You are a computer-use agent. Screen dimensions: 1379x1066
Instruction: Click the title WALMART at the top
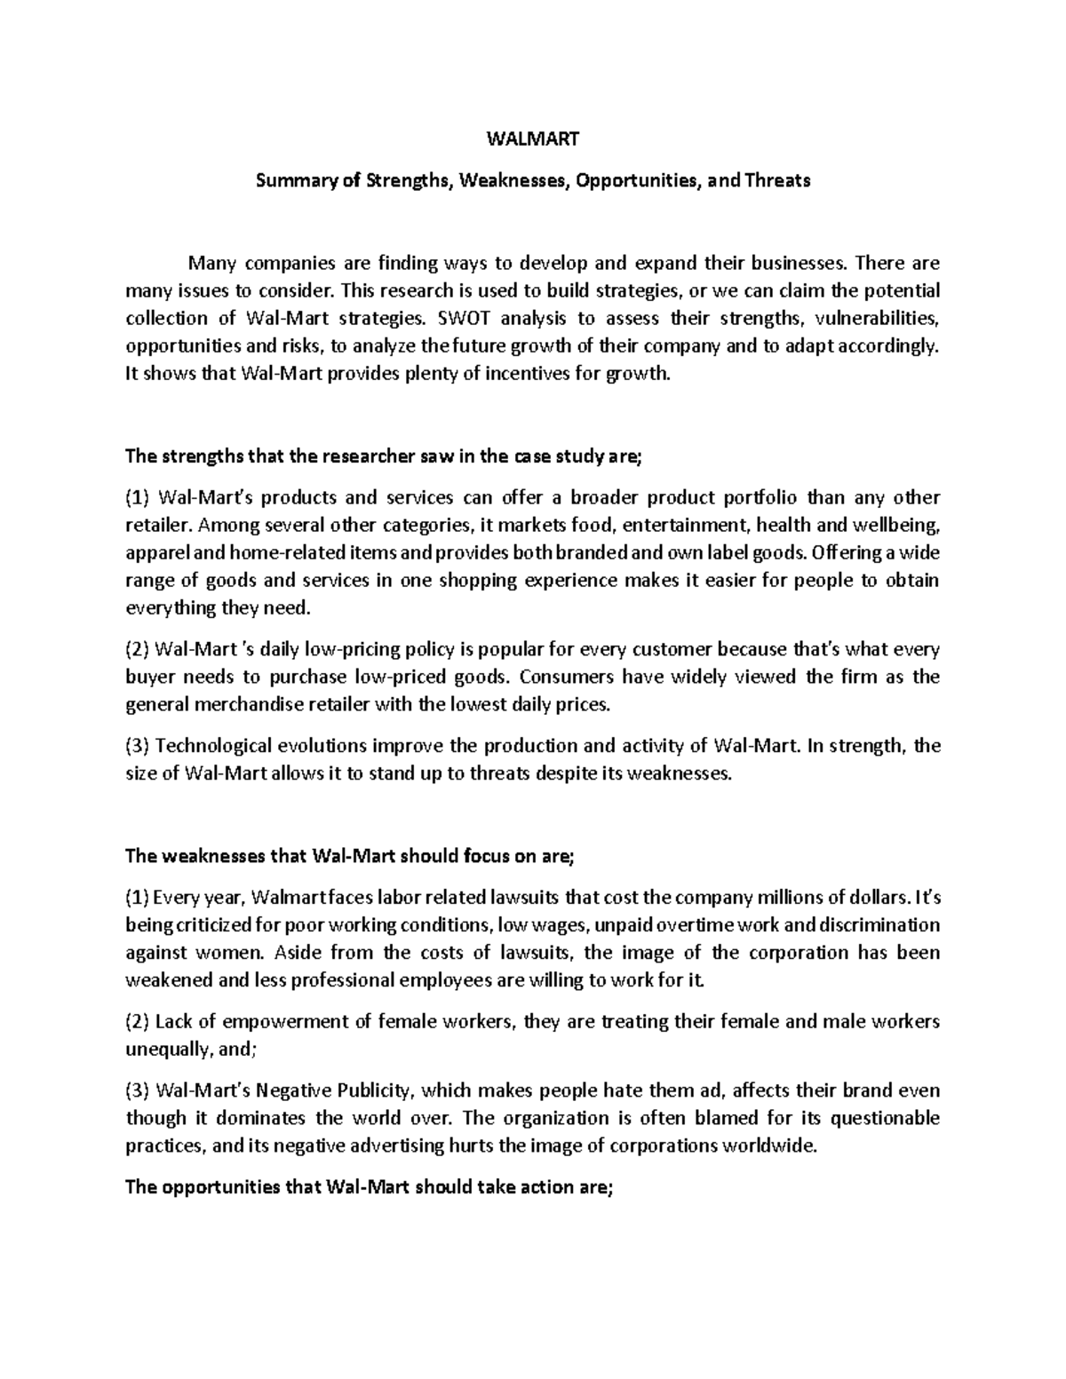click(533, 139)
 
